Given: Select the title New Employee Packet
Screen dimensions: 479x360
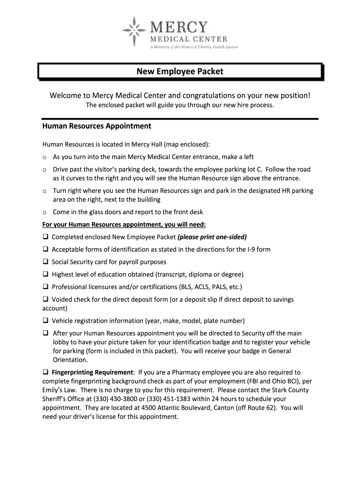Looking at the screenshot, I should pos(180,72).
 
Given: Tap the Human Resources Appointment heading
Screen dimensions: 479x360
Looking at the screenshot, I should pos(96,126).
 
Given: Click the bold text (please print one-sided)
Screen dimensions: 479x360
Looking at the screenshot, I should pos(212,237).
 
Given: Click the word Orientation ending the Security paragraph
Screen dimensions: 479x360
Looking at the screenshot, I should pos(70,360).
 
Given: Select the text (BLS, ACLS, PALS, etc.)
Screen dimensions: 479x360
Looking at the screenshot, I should pos(210,287).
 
